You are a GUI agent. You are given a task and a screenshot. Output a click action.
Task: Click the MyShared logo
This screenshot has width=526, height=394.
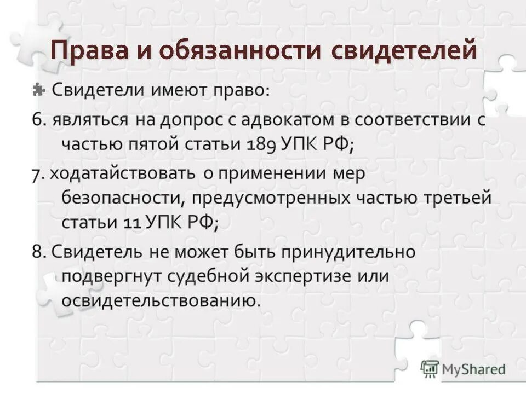coord(463,368)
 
